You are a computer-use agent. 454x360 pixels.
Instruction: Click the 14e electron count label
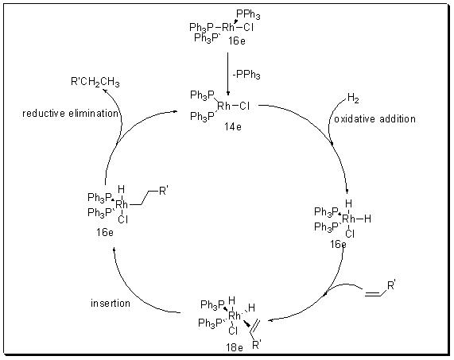pos(232,126)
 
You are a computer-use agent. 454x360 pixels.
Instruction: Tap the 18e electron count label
pos(235,347)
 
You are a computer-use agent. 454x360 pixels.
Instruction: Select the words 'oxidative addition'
pos(374,118)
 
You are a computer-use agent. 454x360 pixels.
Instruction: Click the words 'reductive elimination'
pos(70,113)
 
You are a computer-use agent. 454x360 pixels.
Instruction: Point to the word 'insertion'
pos(111,303)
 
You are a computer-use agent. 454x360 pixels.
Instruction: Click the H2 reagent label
pos(353,98)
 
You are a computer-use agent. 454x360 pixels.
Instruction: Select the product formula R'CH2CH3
pos(95,82)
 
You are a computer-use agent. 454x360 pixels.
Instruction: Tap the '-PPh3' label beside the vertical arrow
pos(246,75)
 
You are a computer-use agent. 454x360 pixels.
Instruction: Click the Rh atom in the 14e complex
pos(223,106)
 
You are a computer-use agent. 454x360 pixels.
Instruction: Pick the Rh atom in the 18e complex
pos(235,315)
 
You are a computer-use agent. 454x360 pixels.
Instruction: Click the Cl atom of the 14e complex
pos(244,106)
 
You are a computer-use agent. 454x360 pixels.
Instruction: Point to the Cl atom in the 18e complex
pos(233,331)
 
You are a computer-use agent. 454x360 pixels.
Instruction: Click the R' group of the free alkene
pos(391,286)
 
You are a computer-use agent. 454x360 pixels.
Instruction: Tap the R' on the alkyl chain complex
pos(163,191)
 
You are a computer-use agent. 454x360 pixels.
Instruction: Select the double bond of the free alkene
pos(372,293)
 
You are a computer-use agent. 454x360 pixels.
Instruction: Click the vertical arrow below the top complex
pos(228,73)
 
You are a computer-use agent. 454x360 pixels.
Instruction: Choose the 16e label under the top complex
pos(237,41)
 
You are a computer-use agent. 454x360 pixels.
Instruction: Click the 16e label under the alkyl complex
pos(105,232)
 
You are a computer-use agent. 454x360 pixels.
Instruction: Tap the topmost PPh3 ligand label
pos(248,14)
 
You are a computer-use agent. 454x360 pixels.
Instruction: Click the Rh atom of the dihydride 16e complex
pos(348,219)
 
